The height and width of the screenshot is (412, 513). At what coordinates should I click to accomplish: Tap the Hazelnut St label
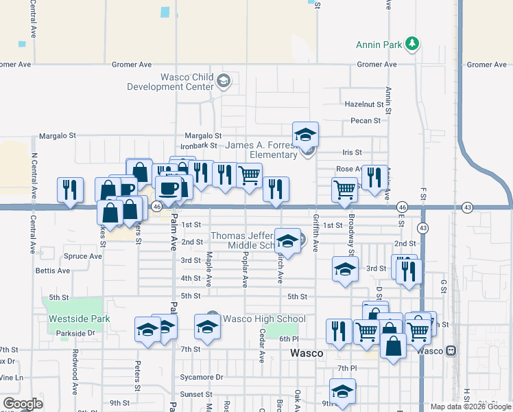click(x=363, y=104)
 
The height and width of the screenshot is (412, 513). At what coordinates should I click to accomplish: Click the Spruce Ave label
click(x=83, y=256)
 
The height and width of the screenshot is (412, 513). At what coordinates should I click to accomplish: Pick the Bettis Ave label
click(x=53, y=271)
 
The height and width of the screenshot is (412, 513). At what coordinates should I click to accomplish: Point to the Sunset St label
click(x=197, y=394)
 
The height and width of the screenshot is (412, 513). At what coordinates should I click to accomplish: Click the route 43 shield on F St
click(x=423, y=227)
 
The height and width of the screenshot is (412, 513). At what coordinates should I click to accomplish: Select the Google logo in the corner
click(x=23, y=404)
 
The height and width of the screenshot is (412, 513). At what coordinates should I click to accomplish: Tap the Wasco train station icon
click(x=451, y=350)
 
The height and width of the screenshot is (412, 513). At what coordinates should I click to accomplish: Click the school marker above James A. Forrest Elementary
click(x=306, y=134)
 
